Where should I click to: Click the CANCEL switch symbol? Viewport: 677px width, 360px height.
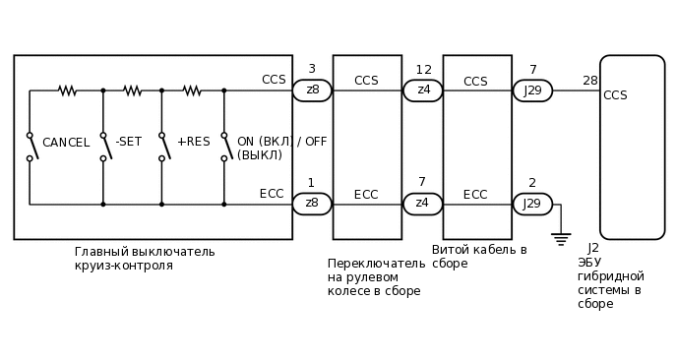pos(31,147)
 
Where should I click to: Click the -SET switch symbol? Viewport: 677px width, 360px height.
pos(103,147)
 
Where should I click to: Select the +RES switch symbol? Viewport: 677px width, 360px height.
pos(162,147)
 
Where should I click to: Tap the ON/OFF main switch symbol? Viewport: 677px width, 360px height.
pos(224,147)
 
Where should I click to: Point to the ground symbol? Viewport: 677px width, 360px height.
pos(561,238)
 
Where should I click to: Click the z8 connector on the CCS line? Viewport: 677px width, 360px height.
pos(312,90)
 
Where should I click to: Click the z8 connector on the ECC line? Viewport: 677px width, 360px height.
pos(312,204)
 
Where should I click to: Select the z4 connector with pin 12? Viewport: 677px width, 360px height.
pos(423,90)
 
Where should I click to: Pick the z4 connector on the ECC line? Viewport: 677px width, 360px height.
pos(423,204)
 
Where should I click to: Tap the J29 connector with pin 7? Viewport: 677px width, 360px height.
pos(532,90)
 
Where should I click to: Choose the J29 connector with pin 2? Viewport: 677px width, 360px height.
pos(532,204)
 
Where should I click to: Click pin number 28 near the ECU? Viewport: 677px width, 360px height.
pos(589,81)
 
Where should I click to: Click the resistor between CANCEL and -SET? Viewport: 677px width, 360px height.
pos(67,90)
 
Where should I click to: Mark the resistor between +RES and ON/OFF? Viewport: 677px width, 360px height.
pos(192,90)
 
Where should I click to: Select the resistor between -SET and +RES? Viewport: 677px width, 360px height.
pos(132,90)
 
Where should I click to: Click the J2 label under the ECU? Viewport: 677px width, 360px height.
pos(593,248)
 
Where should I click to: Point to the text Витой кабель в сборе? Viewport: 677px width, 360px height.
pos(479,257)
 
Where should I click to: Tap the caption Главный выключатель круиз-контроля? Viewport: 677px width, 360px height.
pos(145,259)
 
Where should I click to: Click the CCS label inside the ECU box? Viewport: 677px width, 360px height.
pos(615,95)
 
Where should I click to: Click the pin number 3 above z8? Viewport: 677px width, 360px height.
pos(312,69)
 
